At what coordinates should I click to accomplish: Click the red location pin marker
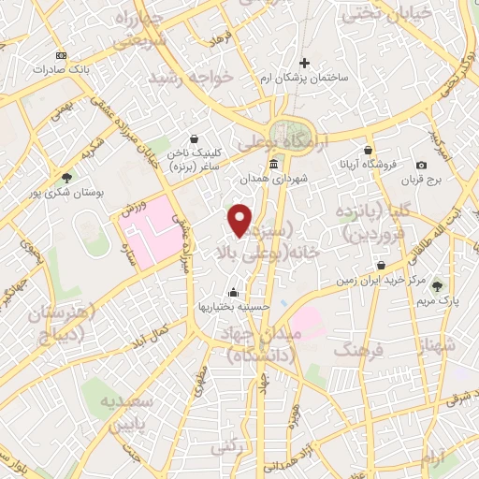[x=240, y=220]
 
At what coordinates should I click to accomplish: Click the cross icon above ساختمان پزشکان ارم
[x=305, y=62]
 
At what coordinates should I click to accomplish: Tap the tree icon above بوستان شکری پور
[x=66, y=176]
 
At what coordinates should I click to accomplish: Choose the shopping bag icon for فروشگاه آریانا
[x=369, y=150]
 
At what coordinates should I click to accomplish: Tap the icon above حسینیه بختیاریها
[x=231, y=291]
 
